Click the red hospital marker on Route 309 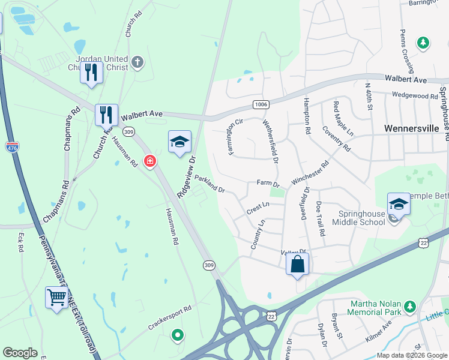point(149,160)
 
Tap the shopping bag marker point(297,264)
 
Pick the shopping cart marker point(56,296)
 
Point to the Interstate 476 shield point(13,146)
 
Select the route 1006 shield point(261,104)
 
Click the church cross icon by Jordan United point(137,61)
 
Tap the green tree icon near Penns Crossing point(423,42)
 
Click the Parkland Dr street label point(209,184)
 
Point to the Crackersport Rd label point(170,319)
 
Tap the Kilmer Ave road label point(379,332)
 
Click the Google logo point(20,353)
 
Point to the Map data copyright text point(411,355)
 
